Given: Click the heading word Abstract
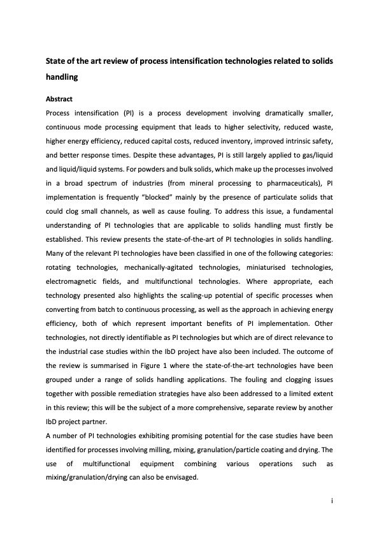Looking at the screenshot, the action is tap(59, 99).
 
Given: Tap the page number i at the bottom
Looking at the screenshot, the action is tap(333, 501).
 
